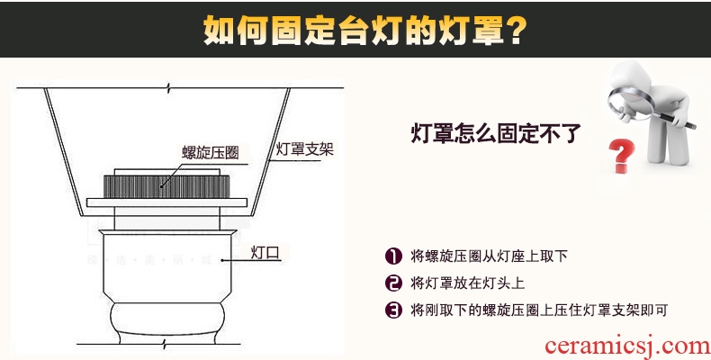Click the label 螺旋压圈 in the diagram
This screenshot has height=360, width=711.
pyautogui.click(x=211, y=152)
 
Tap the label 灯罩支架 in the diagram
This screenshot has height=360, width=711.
pyautogui.click(x=305, y=148)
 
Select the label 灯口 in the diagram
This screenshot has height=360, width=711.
pyautogui.click(x=265, y=253)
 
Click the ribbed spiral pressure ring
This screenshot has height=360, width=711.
pyautogui.click(x=166, y=186)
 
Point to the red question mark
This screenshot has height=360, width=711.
pyautogui.click(x=621, y=156)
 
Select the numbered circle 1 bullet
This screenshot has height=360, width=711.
pyautogui.click(x=393, y=256)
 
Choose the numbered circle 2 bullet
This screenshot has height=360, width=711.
pyautogui.click(x=393, y=283)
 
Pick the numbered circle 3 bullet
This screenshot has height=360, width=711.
pyautogui.click(x=393, y=310)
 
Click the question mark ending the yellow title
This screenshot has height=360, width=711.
pyautogui.click(x=516, y=31)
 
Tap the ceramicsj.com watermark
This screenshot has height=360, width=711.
pyautogui.click(x=627, y=346)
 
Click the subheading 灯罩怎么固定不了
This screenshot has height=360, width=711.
pyautogui.click(x=496, y=133)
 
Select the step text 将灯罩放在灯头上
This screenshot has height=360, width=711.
pyautogui.click(x=467, y=283)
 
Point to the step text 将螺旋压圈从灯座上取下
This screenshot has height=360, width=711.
pyautogui.click(x=489, y=256)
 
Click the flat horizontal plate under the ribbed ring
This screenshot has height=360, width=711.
pyautogui.click(x=166, y=202)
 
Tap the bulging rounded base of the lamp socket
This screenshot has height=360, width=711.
pyautogui.click(x=167, y=319)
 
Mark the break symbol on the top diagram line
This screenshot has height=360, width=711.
pyautogui.click(x=168, y=88)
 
